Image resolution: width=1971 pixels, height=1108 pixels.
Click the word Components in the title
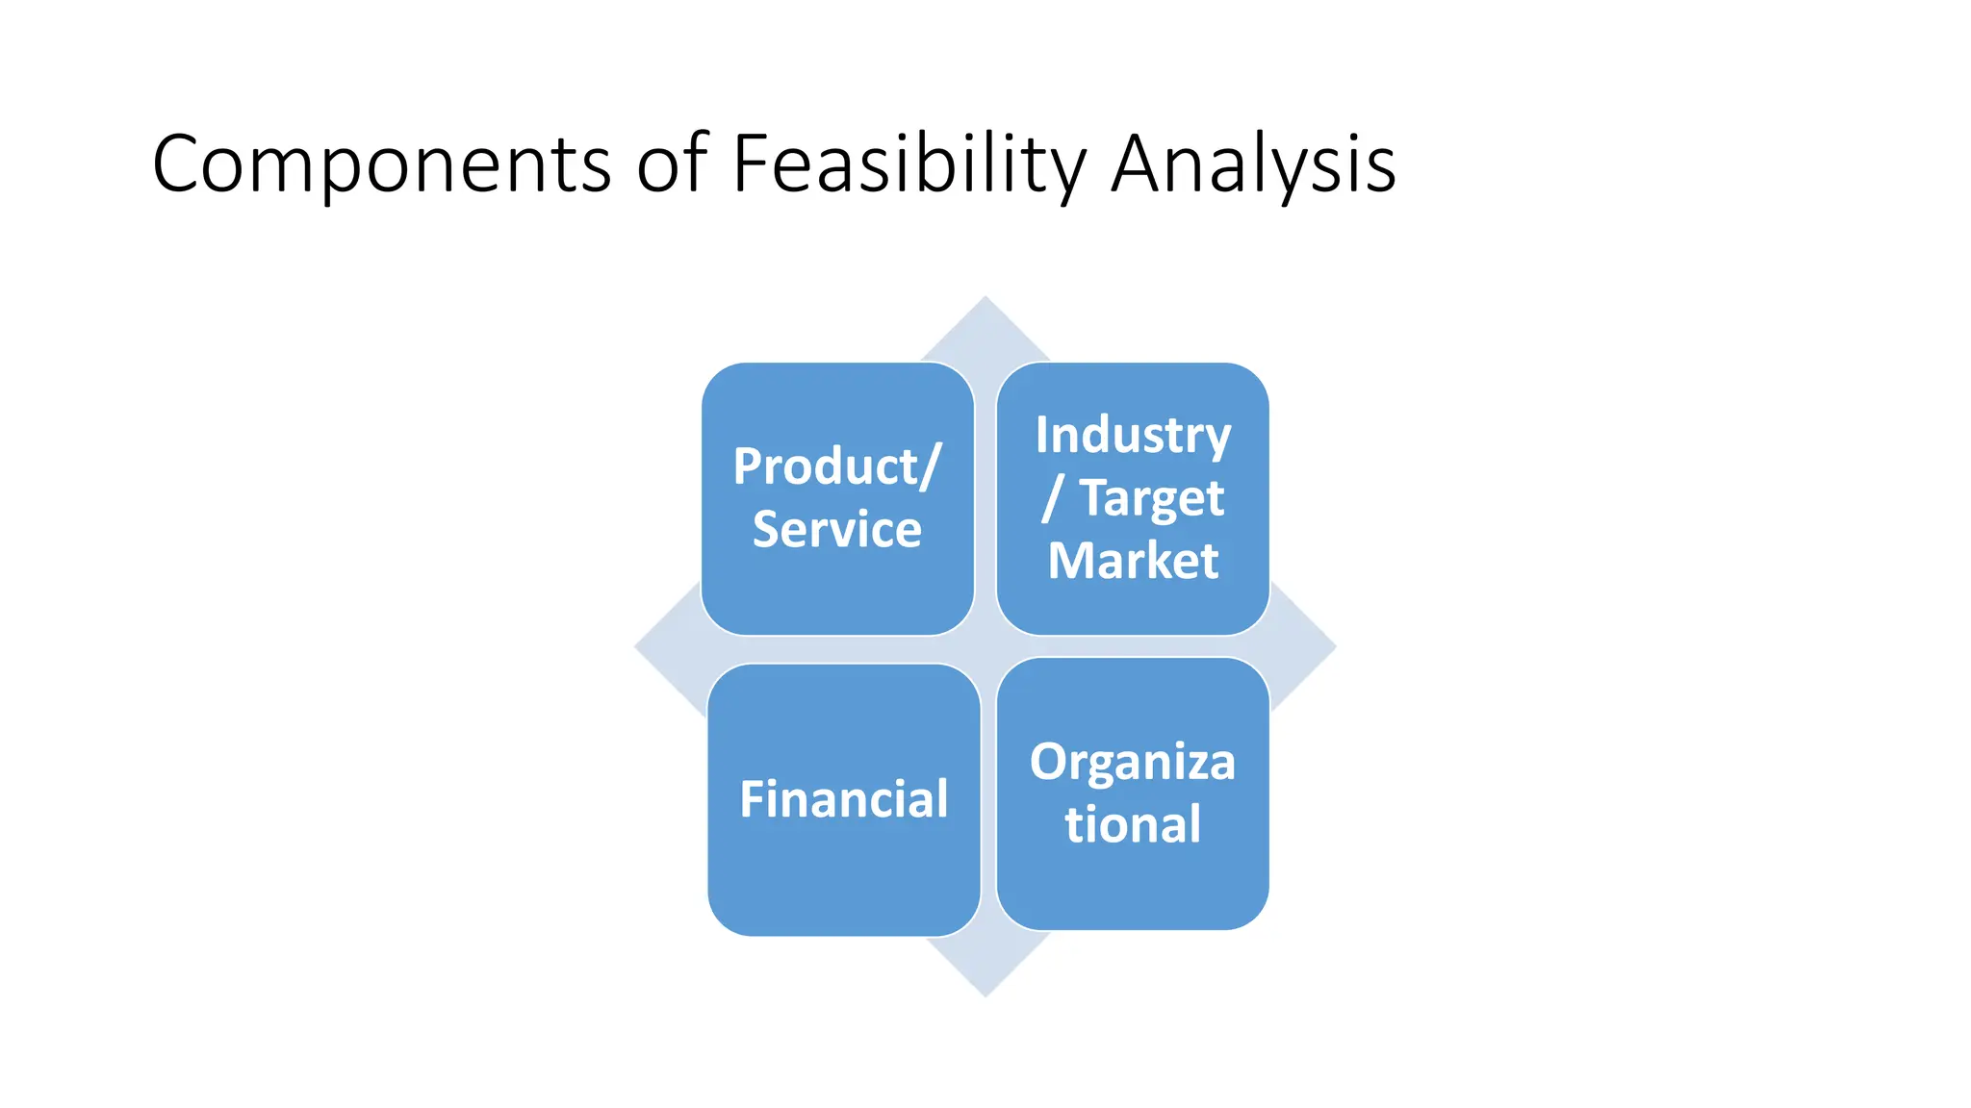tap(381, 164)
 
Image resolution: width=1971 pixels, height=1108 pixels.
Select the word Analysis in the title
tap(1253, 164)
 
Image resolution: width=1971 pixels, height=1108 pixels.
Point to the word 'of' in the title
tap(673, 164)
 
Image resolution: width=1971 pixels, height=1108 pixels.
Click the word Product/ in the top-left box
tap(836, 467)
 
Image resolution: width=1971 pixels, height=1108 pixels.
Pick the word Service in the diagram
tap(836, 529)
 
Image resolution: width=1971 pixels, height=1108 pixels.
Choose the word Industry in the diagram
tap(1133, 436)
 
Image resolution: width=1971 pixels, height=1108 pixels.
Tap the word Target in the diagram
tap(1152, 498)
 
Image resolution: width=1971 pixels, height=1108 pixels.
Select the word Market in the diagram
tap(1133, 561)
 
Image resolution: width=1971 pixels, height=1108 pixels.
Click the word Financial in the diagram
tap(843, 799)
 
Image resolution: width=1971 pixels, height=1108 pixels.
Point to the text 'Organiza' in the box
tap(1132, 763)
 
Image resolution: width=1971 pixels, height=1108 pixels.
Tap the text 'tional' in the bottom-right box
tap(1132, 825)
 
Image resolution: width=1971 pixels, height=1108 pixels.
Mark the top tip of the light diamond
tap(985, 299)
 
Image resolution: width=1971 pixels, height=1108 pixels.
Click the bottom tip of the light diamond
tap(985, 994)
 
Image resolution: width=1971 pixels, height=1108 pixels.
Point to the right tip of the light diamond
tap(1333, 647)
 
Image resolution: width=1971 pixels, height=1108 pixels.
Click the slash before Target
tap(1052, 498)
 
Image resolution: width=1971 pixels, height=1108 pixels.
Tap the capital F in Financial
tap(753, 799)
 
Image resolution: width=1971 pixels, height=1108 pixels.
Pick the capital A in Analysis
tap(1137, 164)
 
